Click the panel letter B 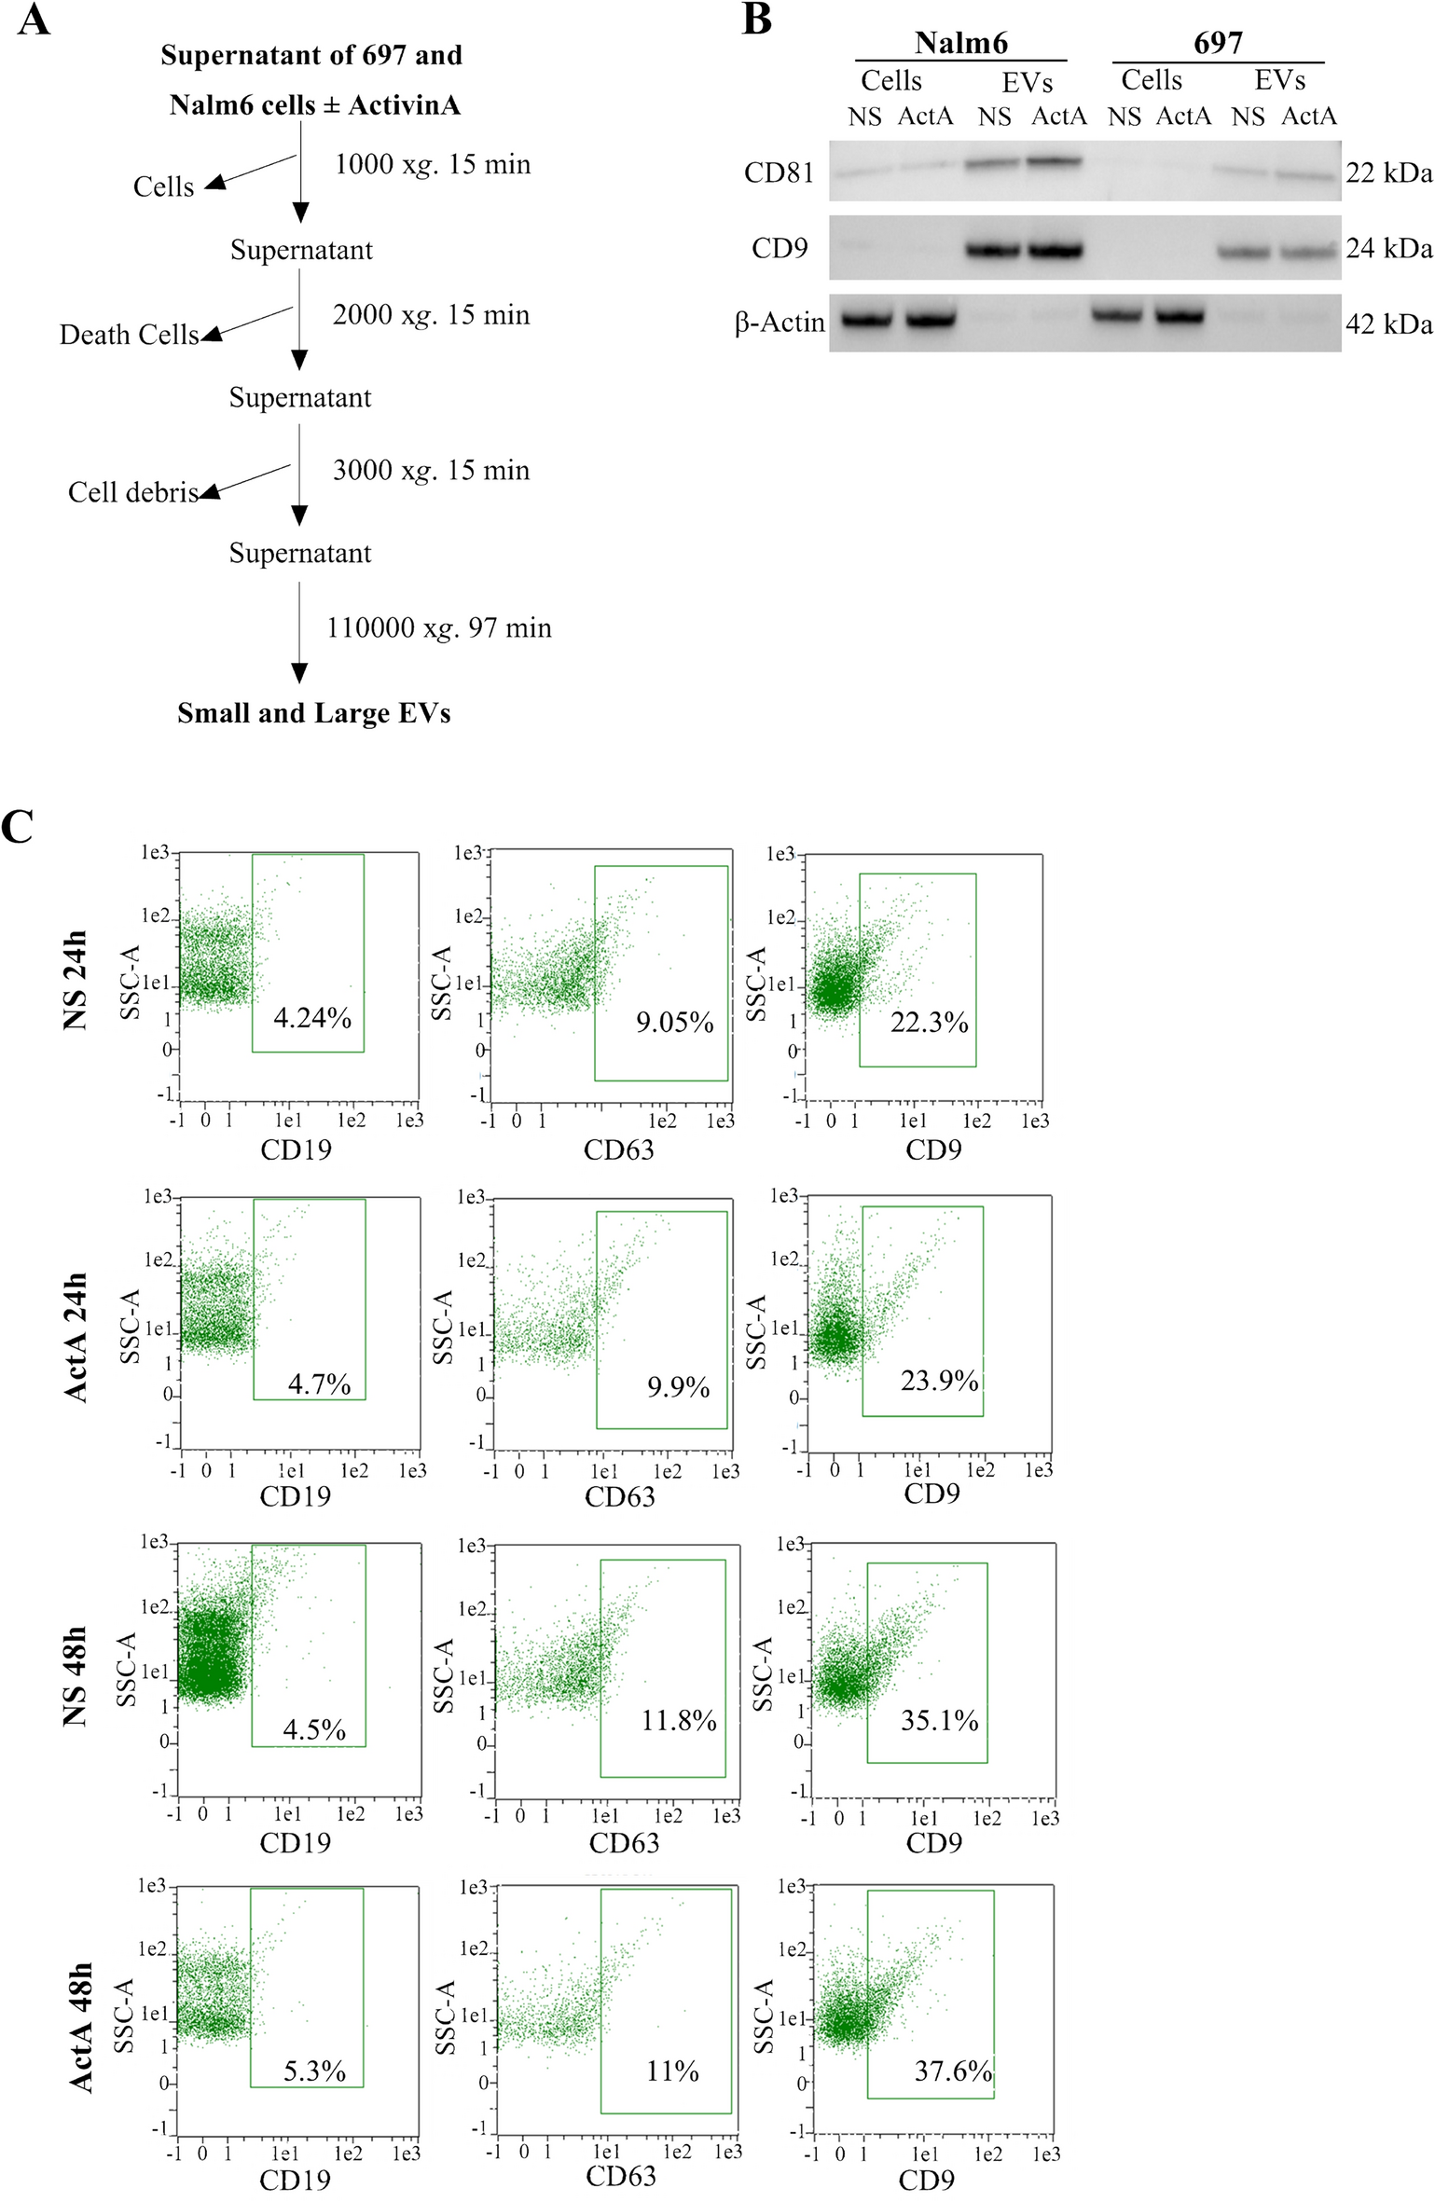pos(756,19)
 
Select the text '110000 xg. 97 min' pos(438,628)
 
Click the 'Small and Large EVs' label pos(314,713)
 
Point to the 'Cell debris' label pos(132,492)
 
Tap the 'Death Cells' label pos(129,335)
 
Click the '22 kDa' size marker pos(1388,173)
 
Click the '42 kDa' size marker pos(1388,324)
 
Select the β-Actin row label pos(780,323)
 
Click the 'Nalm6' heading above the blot pos(960,43)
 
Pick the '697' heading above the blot pos(1218,43)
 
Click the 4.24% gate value pos(312,1018)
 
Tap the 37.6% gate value pos(953,2071)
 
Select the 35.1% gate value pos(939,1720)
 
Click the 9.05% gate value pos(674,1023)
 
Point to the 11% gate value pos(672,2071)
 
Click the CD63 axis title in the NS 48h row pos(624,1843)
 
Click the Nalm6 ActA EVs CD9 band pos(1056,251)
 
